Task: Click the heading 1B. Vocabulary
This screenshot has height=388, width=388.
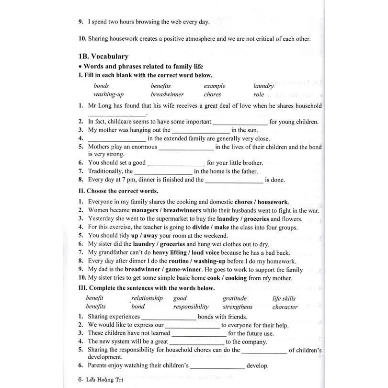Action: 103,56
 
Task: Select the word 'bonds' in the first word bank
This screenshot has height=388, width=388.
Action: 101,86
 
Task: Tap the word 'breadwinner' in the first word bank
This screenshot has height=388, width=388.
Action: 167,94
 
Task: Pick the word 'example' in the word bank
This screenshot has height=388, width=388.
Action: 214,86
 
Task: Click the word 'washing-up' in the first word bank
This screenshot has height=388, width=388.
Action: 108,94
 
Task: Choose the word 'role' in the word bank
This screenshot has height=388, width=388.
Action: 259,94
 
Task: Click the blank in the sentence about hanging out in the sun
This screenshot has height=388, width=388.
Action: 200,130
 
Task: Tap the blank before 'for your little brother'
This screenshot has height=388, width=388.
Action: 176,163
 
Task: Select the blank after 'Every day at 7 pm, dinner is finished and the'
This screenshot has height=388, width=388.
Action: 234,181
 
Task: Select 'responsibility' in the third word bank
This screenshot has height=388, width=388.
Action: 191,307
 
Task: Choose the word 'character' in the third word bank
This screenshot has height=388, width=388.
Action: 285,307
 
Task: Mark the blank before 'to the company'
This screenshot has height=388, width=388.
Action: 197,342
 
